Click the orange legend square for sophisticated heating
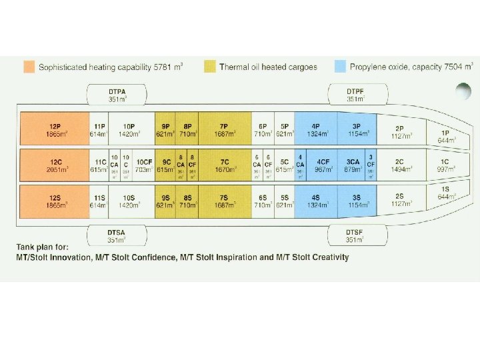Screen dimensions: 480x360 pyautogui.click(x=29, y=67)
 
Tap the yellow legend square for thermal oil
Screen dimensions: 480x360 pyautogui.click(x=209, y=67)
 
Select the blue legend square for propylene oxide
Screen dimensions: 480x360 pyautogui.click(x=340, y=67)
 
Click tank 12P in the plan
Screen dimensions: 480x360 pyautogui.click(x=55, y=129)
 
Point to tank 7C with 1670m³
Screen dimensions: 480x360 pyautogui.click(x=224, y=165)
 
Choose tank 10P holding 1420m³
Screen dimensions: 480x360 pyautogui.click(x=129, y=129)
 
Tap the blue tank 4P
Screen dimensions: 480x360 pyautogui.click(x=315, y=129)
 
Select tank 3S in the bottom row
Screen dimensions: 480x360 pyautogui.click(x=357, y=201)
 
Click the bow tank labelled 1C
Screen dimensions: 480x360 pyautogui.click(x=443, y=165)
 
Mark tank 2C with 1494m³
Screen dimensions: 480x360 pyautogui.click(x=399, y=165)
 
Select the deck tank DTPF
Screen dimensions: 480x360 pyautogui.click(x=355, y=95)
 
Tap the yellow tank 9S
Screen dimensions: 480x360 pyautogui.click(x=165, y=201)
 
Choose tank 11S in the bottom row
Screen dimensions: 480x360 pyautogui.click(x=99, y=201)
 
